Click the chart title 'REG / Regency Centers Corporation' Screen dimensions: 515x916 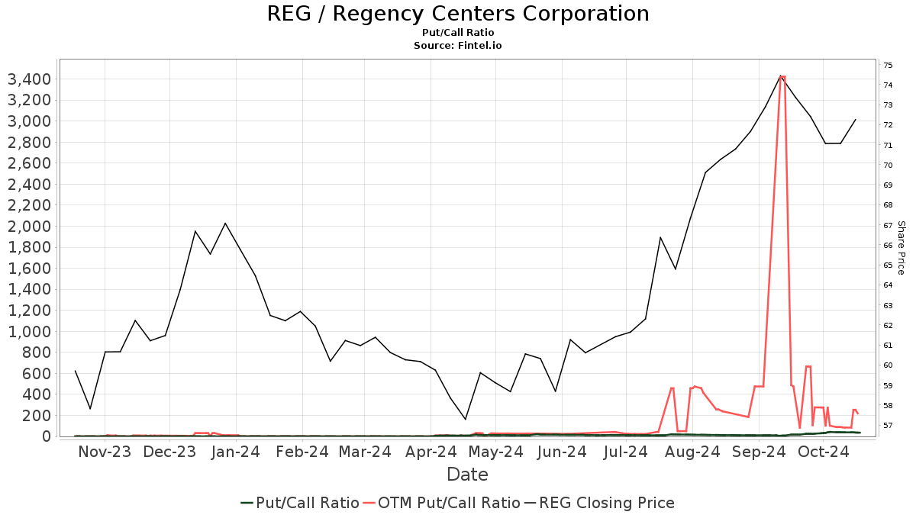(458, 14)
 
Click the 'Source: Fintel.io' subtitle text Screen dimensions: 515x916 (458, 46)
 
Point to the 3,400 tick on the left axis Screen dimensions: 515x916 (28, 79)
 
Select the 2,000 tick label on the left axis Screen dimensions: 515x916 (28, 227)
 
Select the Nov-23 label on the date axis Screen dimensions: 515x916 (105, 452)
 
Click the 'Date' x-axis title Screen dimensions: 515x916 (467, 475)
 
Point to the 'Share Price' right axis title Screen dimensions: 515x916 (901, 248)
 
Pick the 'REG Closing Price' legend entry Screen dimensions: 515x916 (607, 503)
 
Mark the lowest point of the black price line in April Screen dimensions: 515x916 (466, 419)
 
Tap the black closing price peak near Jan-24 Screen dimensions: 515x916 (225, 223)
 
